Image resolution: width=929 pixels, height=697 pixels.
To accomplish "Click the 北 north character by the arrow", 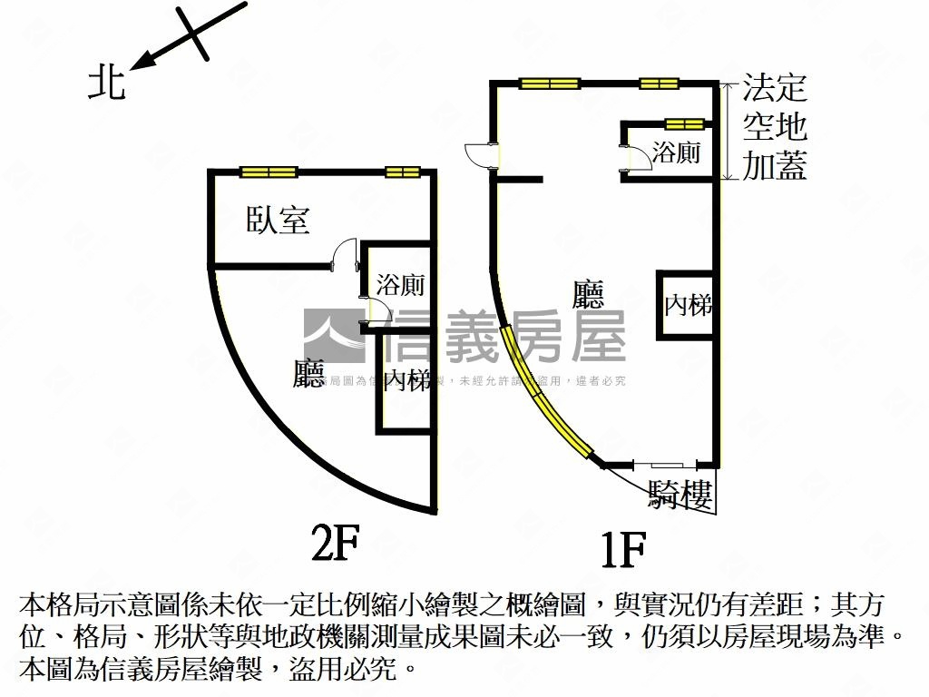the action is pyautogui.click(x=105, y=84).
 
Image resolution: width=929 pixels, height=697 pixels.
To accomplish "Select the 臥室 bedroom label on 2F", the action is pyautogui.click(x=278, y=220).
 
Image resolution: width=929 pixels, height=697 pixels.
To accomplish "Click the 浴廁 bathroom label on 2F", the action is pyautogui.click(x=400, y=285).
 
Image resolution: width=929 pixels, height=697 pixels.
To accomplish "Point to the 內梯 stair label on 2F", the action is pyautogui.click(x=406, y=380).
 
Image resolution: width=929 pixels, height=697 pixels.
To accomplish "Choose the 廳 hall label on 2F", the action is pyautogui.click(x=308, y=375).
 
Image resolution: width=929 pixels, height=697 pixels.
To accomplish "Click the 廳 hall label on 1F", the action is pyautogui.click(x=589, y=294).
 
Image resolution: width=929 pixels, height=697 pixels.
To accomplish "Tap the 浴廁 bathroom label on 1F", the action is pyautogui.click(x=678, y=152).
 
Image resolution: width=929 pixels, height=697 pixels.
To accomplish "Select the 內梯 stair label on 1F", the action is pyautogui.click(x=687, y=305).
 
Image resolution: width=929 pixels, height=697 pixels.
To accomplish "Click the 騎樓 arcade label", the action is pyautogui.click(x=680, y=495).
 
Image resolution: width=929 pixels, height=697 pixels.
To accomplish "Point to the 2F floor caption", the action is pyautogui.click(x=336, y=544).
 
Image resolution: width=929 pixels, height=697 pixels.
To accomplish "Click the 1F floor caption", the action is pyautogui.click(x=623, y=548).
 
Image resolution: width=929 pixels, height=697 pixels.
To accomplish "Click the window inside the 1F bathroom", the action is pyautogui.click(x=684, y=124).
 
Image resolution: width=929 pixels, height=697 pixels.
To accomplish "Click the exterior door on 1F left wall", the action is pyautogui.click(x=480, y=155).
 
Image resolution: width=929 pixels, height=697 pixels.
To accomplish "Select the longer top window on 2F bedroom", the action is pyautogui.click(x=269, y=172).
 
